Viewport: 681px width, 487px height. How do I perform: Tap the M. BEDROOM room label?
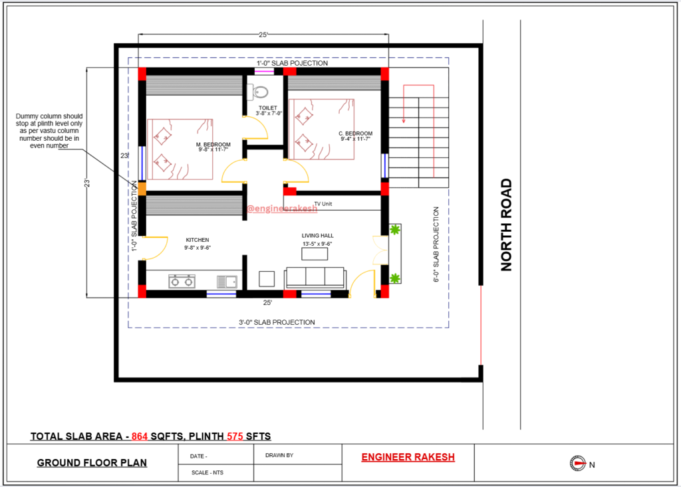tap(213, 145)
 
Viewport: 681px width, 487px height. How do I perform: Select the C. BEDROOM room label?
tap(356, 134)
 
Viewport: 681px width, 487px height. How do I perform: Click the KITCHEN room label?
tap(198, 240)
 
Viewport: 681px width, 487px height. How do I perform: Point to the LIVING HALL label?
tap(318, 236)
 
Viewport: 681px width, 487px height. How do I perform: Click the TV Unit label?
tap(323, 204)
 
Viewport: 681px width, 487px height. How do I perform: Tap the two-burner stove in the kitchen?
tap(182, 281)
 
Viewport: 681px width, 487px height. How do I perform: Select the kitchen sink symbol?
tap(227, 282)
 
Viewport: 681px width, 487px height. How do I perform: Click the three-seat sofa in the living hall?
tap(315, 278)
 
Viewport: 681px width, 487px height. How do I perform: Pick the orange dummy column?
tap(142, 189)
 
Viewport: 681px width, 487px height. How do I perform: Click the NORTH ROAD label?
tap(506, 225)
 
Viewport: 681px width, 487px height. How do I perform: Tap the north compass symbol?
tap(578, 464)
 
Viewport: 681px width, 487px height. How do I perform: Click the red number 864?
tap(140, 437)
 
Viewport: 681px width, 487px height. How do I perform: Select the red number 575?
tap(235, 437)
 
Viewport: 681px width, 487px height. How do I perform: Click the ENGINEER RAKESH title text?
tap(408, 457)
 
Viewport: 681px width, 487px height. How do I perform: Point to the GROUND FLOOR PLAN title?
tap(92, 462)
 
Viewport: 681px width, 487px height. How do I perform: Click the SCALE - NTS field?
tap(207, 472)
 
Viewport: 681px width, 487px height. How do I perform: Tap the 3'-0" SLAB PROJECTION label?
tap(277, 322)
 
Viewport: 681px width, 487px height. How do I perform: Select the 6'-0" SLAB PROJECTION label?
tap(436, 244)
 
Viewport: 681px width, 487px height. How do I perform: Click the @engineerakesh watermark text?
tap(282, 209)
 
